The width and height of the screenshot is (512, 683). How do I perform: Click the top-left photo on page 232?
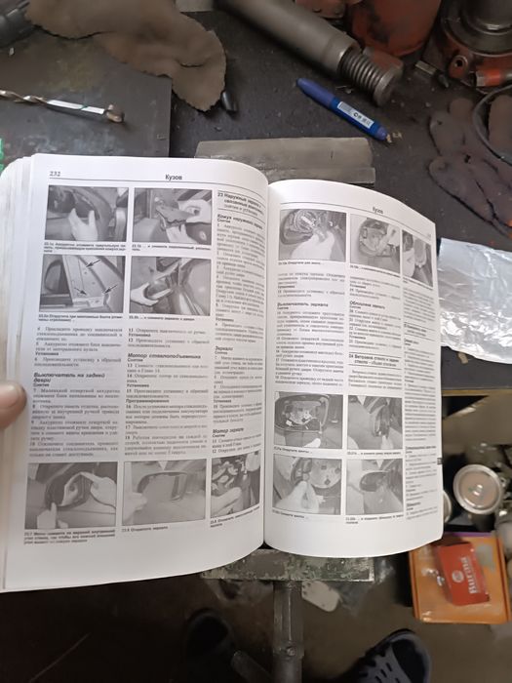point(87,216)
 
